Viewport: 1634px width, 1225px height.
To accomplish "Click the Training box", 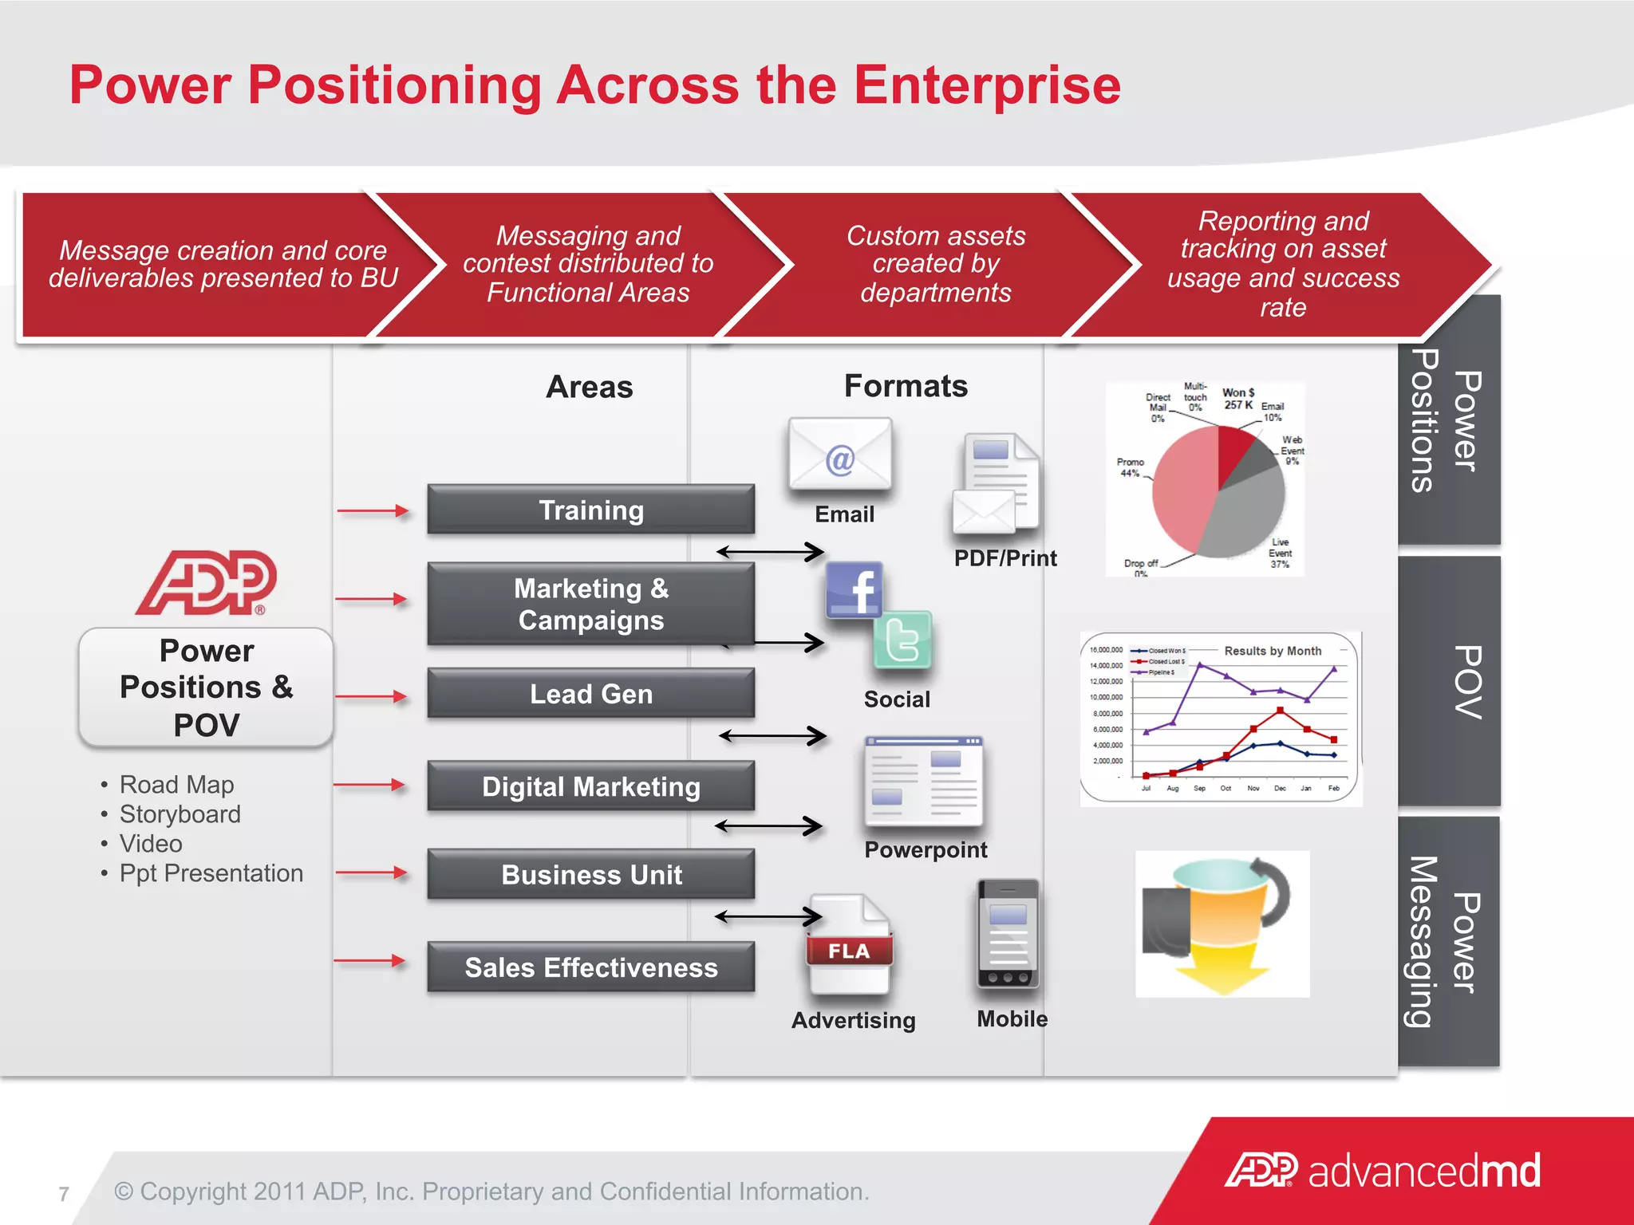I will (x=590, y=510).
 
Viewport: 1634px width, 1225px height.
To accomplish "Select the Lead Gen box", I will (x=590, y=694).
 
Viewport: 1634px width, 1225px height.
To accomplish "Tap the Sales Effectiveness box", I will (x=590, y=967).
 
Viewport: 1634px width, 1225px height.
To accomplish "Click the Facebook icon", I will (x=854, y=590).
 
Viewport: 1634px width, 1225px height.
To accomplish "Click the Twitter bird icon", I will (x=902, y=640).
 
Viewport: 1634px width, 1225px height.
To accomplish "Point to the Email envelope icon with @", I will (x=839, y=455).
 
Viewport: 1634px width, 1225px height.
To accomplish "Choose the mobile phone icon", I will (x=1008, y=934).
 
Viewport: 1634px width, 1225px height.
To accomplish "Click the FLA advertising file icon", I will (x=849, y=945).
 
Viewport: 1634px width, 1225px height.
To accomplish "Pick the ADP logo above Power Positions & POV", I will (x=207, y=583).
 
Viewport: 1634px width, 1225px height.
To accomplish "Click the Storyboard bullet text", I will (x=180, y=814).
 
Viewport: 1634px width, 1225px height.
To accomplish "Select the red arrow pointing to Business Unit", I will (x=371, y=873).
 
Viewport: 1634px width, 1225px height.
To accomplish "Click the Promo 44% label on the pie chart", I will (x=1130, y=467).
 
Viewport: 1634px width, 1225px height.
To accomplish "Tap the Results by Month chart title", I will (x=1273, y=651).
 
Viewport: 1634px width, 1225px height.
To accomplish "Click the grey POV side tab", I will (x=1449, y=682).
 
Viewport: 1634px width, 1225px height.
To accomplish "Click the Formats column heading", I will (x=906, y=386).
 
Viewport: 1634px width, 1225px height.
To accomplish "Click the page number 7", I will (x=64, y=1194).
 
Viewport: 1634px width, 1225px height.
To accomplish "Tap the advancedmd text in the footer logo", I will (x=1424, y=1171).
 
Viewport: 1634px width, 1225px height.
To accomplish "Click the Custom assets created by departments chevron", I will (x=935, y=265).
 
